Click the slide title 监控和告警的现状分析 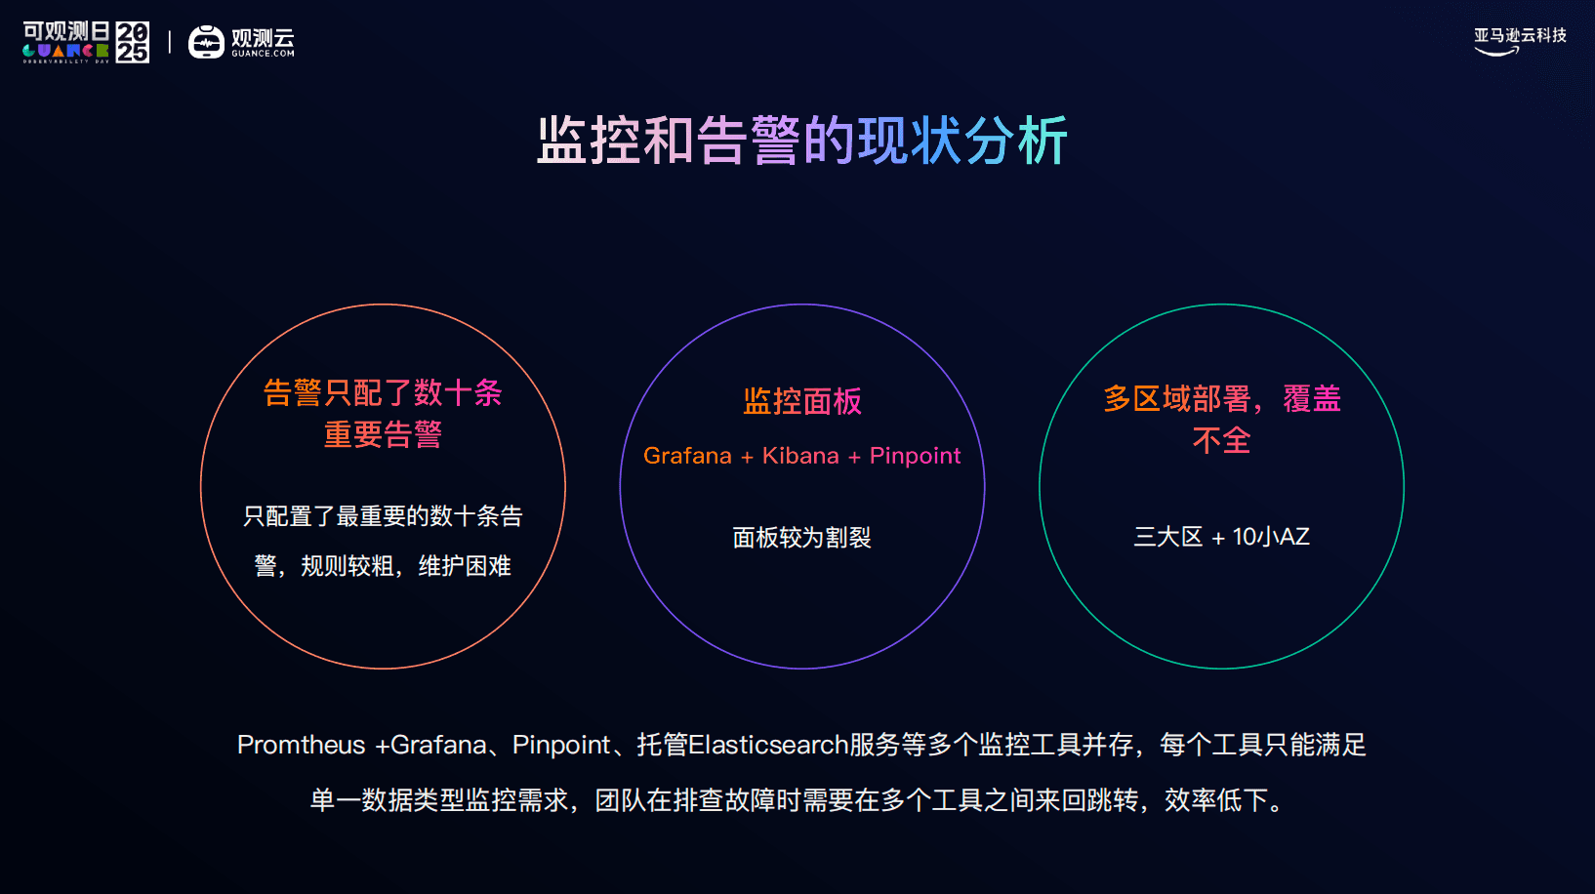click(x=801, y=141)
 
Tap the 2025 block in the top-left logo click(x=133, y=42)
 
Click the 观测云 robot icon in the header click(x=206, y=42)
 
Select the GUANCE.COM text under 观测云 click(x=263, y=54)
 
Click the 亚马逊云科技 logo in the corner click(x=1520, y=41)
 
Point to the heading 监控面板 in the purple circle click(x=801, y=401)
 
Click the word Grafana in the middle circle click(x=687, y=456)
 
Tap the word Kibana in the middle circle click(x=800, y=456)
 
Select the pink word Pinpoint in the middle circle click(x=915, y=456)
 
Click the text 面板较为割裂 click(x=801, y=538)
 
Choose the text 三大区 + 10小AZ click(x=1221, y=537)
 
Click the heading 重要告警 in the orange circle click(x=383, y=434)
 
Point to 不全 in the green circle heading click(x=1221, y=440)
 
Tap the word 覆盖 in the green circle click(x=1312, y=398)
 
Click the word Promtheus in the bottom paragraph click(x=301, y=745)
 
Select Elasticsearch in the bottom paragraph click(x=768, y=745)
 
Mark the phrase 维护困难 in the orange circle click(x=465, y=566)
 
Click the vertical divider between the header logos click(x=170, y=42)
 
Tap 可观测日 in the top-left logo click(x=67, y=31)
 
